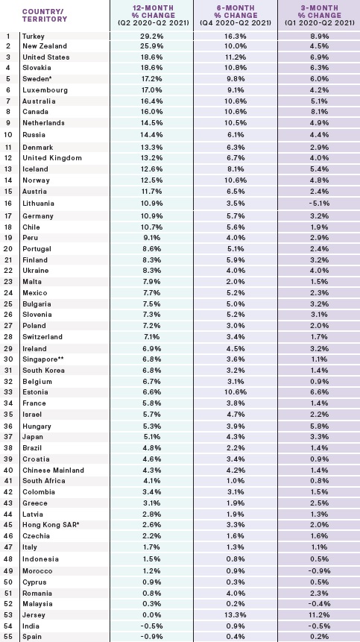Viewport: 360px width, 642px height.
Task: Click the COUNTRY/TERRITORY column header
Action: tap(45, 15)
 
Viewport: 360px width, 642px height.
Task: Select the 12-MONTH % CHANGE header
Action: tap(153, 16)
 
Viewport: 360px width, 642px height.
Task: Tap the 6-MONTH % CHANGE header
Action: tap(236, 16)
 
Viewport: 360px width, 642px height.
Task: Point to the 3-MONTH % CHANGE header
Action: tap(320, 16)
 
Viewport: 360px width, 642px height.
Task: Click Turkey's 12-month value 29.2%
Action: tap(151, 36)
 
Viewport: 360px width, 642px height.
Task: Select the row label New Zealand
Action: tap(45, 46)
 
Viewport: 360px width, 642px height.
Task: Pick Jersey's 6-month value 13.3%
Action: tap(236, 615)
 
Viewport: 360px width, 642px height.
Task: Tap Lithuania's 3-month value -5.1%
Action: tap(318, 204)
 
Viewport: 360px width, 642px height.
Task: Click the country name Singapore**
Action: tap(43, 359)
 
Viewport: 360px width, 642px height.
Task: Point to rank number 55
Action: tap(8, 637)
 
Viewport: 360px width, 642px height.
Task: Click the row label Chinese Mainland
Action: tap(53, 471)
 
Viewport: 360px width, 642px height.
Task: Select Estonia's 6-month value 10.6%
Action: tap(236, 392)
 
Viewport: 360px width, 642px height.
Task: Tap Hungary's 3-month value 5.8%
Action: tap(320, 427)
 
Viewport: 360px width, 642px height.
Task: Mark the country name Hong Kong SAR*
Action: tap(51, 525)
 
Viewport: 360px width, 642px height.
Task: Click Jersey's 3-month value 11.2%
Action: tap(320, 615)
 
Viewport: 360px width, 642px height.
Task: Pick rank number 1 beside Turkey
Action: tap(8, 36)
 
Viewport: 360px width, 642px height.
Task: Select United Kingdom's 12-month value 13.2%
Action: tap(151, 158)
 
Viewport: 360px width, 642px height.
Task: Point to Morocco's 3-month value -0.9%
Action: tap(318, 571)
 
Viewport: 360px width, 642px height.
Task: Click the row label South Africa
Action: tap(44, 481)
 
